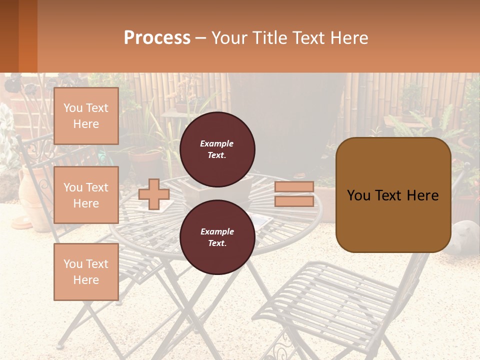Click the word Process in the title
pyautogui.click(x=157, y=37)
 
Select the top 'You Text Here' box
pyautogui.click(x=86, y=116)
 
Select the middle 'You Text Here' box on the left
pyautogui.click(x=86, y=195)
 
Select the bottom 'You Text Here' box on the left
pyautogui.click(x=86, y=272)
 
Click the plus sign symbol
pyautogui.click(x=153, y=194)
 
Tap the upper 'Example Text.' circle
pyautogui.click(x=217, y=149)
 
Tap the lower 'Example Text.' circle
pyautogui.click(x=217, y=237)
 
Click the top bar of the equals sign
pyautogui.click(x=294, y=187)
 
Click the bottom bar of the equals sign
pyautogui.click(x=294, y=201)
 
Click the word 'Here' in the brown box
pyautogui.click(x=422, y=195)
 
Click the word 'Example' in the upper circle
pyautogui.click(x=217, y=143)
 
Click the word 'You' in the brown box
pyautogui.click(x=359, y=195)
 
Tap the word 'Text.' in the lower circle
pyautogui.click(x=217, y=243)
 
